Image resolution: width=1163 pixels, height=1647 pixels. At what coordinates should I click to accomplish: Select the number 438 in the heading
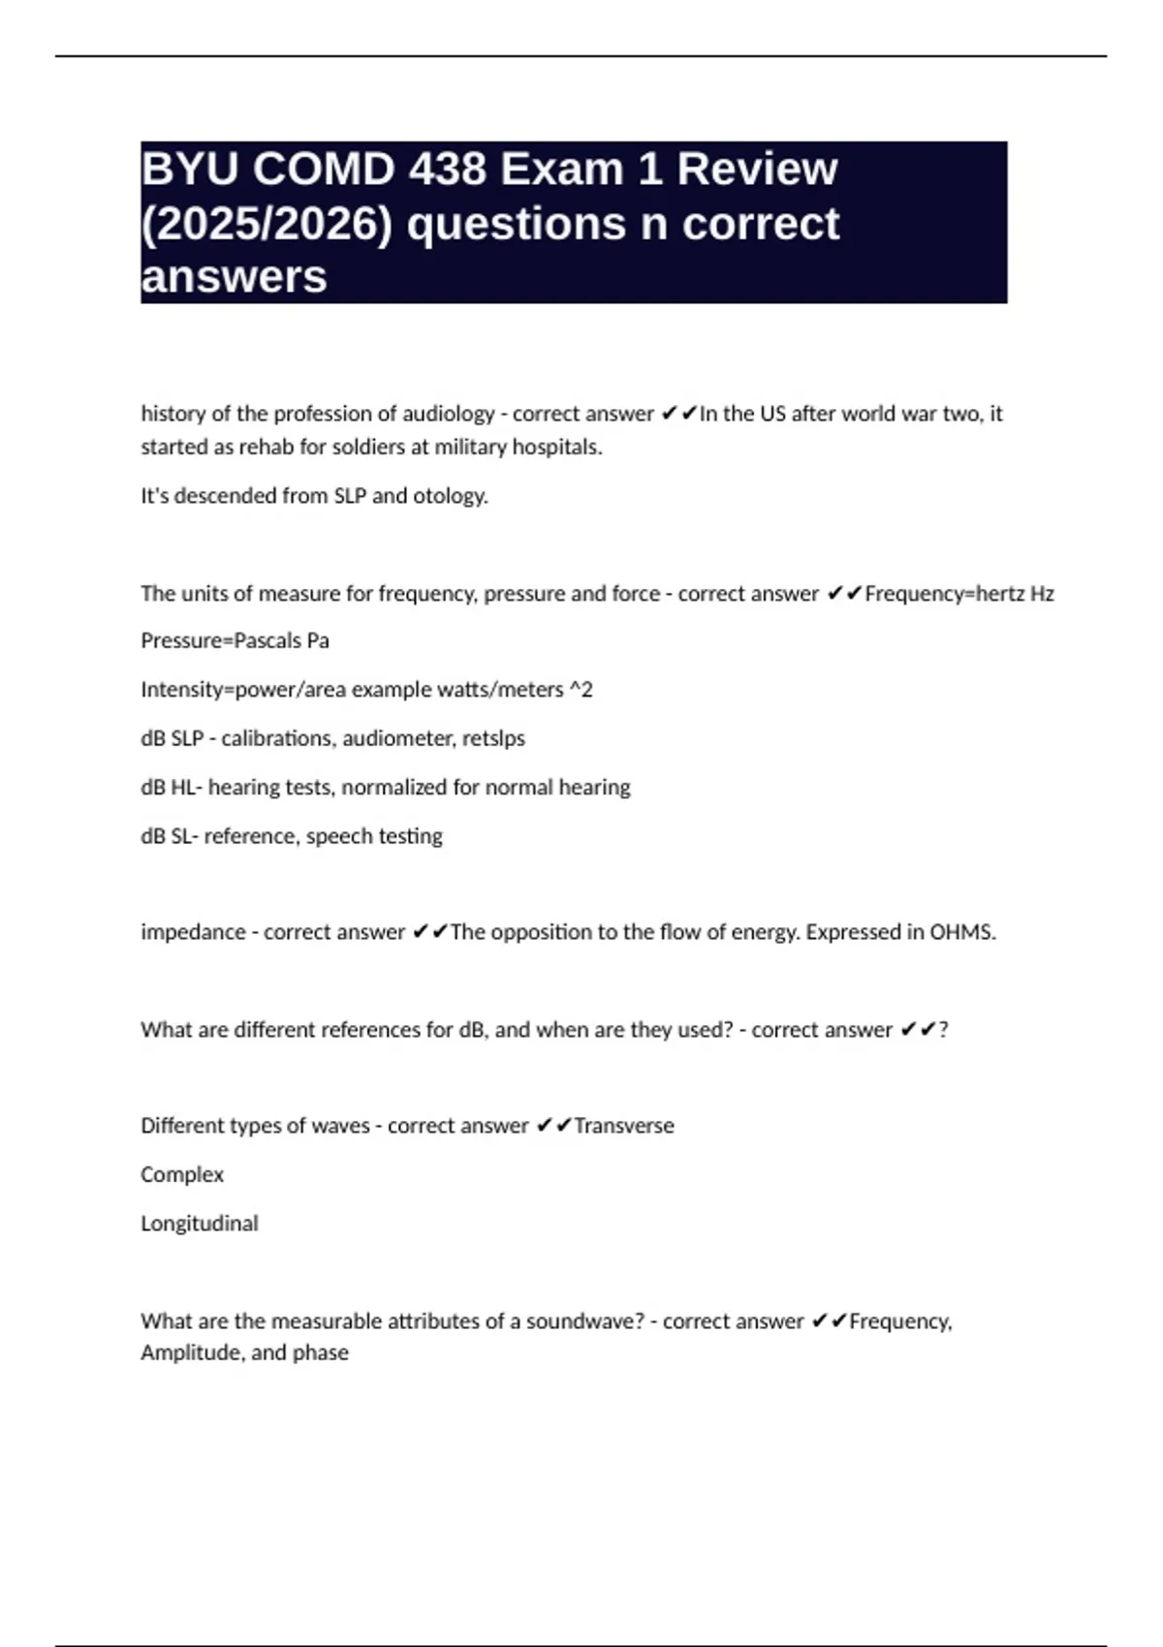click(447, 170)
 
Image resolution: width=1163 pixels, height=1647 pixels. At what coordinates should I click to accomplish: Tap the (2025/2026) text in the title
click(267, 224)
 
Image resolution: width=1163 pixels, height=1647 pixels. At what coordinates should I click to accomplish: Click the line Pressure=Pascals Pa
click(235, 641)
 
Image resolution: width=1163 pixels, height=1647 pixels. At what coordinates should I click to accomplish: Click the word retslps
click(493, 738)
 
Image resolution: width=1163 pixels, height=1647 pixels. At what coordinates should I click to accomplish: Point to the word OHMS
click(962, 932)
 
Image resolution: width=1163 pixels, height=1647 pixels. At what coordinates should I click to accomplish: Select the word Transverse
click(623, 1126)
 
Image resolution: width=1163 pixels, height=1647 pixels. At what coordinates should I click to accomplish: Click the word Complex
click(182, 1174)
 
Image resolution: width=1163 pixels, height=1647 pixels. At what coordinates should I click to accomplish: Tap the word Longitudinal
click(200, 1224)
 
